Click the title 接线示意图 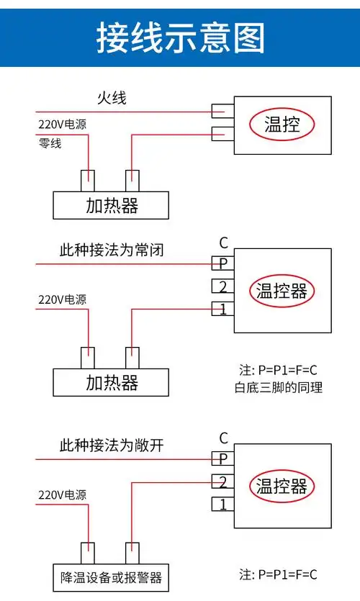181,37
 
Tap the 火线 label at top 112,98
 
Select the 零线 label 50,143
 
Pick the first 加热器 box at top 112,206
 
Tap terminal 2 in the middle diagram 223,286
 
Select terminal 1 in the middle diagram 223,309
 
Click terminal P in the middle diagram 223,263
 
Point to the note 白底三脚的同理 278,388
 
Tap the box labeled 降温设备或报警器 112,577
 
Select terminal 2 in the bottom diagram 223,482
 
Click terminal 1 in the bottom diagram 223,504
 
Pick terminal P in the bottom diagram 223,458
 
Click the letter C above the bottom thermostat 223,438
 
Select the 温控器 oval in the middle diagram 282,290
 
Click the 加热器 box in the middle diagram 112,382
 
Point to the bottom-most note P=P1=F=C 278,574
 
